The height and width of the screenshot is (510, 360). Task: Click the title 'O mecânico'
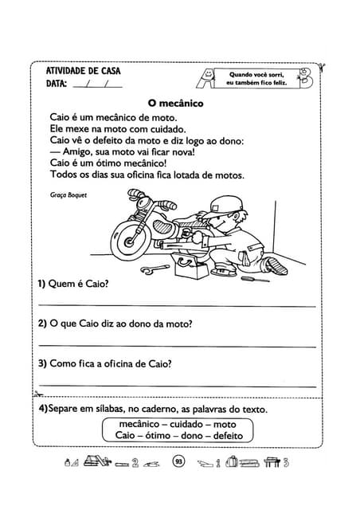click(x=176, y=103)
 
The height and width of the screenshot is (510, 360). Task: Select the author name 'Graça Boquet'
click(x=68, y=194)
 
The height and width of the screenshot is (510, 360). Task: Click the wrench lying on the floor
click(x=155, y=271)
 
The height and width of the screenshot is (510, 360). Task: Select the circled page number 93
click(x=178, y=461)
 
